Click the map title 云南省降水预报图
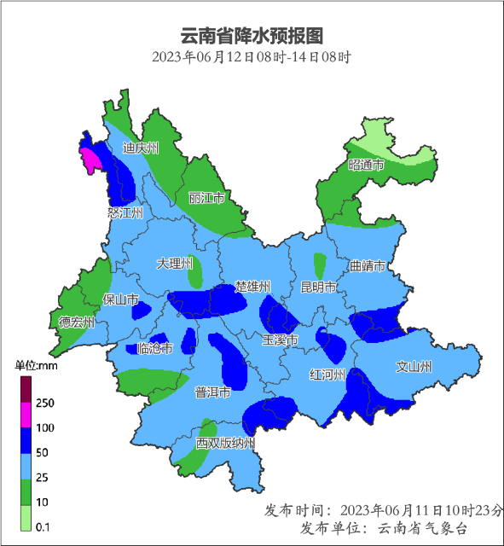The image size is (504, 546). [x=252, y=36]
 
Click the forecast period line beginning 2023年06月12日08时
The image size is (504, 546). [x=252, y=58]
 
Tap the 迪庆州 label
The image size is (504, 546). [x=141, y=148]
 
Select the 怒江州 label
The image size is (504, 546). [x=125, y=212]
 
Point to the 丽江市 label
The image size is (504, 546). [x=206, y=198]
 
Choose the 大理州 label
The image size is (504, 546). [x=175, y=263]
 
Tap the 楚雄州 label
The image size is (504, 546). [x=252, y=286]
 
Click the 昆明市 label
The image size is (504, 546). [x=319, y=286]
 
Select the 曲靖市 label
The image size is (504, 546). [x=368, y=266]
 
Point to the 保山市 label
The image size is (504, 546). [x=120, y=299]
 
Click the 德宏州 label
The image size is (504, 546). [x=77, y=322]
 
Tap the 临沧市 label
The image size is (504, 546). [x=154, y=348]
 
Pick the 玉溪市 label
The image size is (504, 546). [x=280, y=340]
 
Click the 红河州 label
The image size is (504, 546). [x=327, y=375]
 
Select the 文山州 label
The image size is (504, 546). [x=414, y=367]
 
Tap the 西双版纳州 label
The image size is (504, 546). [x=225, y=443]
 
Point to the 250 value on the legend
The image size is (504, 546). [x=45, y=403]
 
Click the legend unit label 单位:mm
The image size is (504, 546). [x=35, y=365]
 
